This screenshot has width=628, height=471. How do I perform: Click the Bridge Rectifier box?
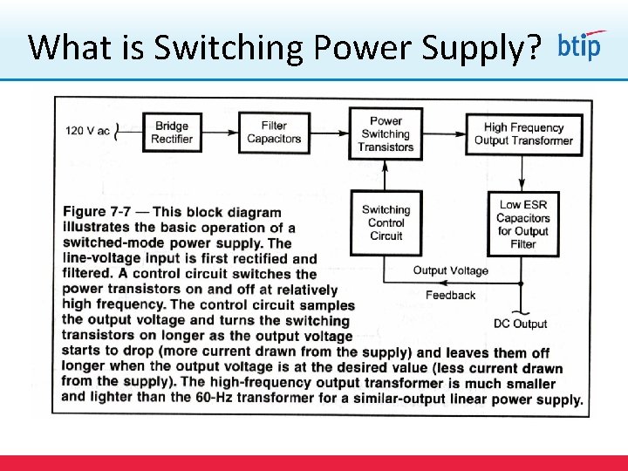coord(172,133)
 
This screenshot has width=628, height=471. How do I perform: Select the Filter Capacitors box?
coord(274,133)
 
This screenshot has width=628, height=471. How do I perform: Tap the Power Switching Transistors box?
coord(386,134)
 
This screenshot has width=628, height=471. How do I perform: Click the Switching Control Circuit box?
coord(386,222)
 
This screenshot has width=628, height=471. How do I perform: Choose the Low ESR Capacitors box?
coord(523,224)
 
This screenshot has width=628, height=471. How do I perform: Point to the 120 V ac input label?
coord(87,132)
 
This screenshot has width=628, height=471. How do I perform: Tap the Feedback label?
coord(450,296)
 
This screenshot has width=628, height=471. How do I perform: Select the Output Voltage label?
coord(450,271)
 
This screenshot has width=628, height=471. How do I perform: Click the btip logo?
coord(579,45)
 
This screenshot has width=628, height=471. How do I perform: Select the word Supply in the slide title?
coord(470,47)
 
